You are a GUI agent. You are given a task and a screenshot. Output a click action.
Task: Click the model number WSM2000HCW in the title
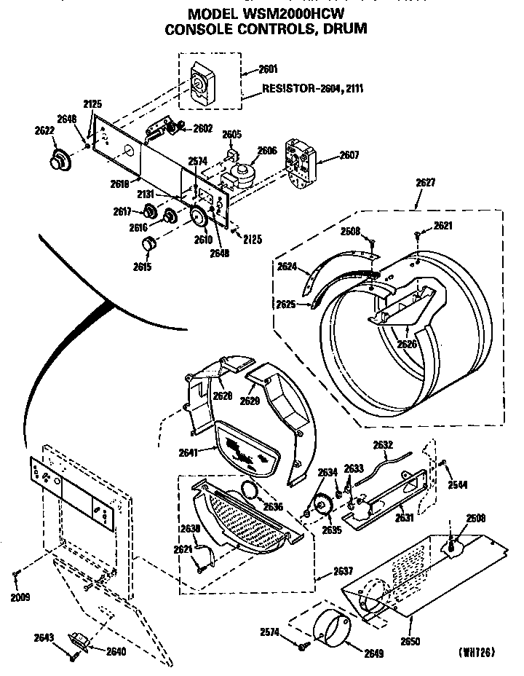point(299,13)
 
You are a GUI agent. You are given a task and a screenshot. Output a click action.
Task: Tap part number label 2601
point(268,70)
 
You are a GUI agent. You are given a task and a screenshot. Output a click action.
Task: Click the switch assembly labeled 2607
point(298,162)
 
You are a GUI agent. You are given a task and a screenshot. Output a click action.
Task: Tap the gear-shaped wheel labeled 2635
point(321,505)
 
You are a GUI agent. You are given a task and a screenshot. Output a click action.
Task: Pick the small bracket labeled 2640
point(78,642)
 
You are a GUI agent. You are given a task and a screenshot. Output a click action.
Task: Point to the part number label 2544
point(457,484)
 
